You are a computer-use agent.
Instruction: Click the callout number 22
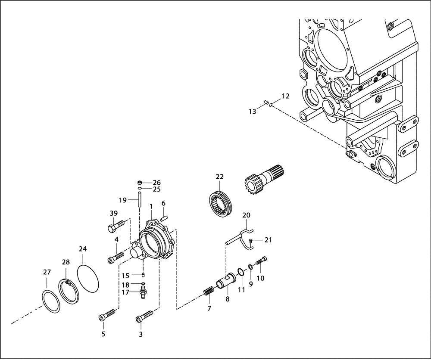[220, 177]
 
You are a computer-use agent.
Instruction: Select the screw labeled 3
[144, 317]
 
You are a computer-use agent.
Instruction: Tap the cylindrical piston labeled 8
[226, 282]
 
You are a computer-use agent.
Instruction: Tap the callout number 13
[252, 112]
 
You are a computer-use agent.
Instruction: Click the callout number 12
[286, 96]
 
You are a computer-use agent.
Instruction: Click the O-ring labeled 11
[240, 272]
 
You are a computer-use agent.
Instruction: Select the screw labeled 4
[116, 258]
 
